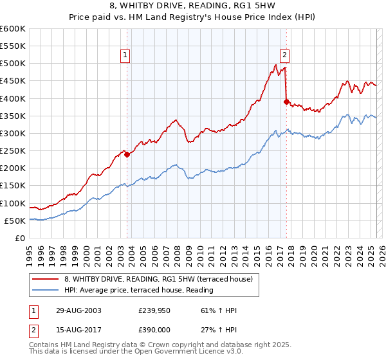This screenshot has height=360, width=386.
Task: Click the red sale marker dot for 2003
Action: [x=127, y=154]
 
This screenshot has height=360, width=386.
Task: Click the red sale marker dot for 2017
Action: [x=286, y=101]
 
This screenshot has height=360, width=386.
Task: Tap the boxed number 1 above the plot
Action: [x=125, y=55]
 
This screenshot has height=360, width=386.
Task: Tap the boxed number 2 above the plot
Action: [x=284, y=55]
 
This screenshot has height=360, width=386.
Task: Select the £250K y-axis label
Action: [x=13, y=151]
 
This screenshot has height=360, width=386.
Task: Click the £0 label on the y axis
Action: [x=20, y=238]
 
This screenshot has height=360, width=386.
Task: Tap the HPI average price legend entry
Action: [x=138, y=291]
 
